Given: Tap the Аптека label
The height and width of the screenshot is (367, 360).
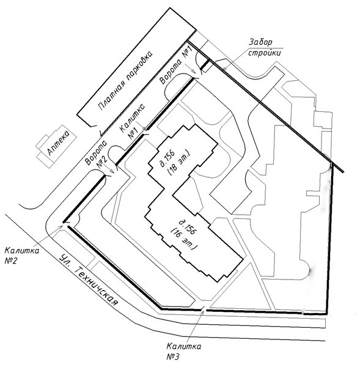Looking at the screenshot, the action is point(59,143).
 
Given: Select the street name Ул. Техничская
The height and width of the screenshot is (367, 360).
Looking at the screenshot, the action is point(88,280).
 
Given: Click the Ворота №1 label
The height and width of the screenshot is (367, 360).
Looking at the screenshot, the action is point(176,65).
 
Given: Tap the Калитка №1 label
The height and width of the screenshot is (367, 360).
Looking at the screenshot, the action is point(132,122).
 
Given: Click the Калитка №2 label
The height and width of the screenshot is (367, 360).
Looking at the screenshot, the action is point(22,256).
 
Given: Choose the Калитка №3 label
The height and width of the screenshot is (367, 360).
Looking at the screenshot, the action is point(184,351).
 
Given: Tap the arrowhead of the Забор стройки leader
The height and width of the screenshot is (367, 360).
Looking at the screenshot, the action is point(224,69).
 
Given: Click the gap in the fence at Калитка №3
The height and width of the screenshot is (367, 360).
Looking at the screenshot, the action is point(204,310).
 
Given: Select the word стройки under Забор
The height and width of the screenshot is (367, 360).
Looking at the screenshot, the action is point(265,53).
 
